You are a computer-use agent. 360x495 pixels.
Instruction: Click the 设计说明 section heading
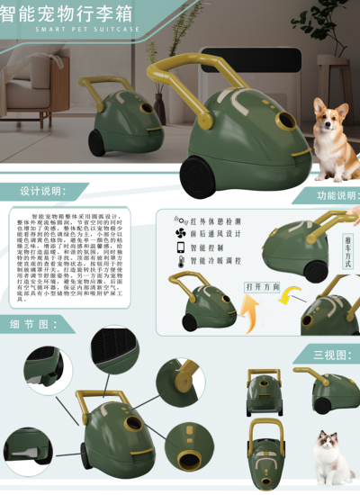43,192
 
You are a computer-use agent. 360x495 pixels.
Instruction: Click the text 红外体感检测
217,219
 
